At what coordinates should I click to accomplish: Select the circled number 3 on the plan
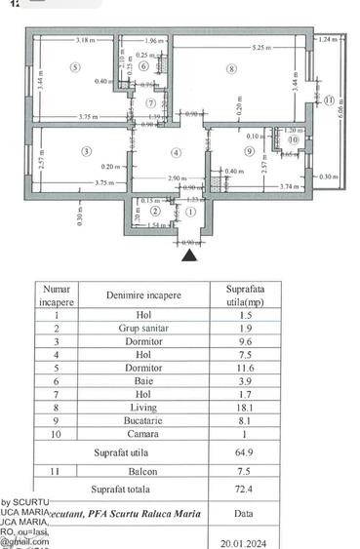coord(86,151)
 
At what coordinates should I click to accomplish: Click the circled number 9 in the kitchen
coord(250,151)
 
